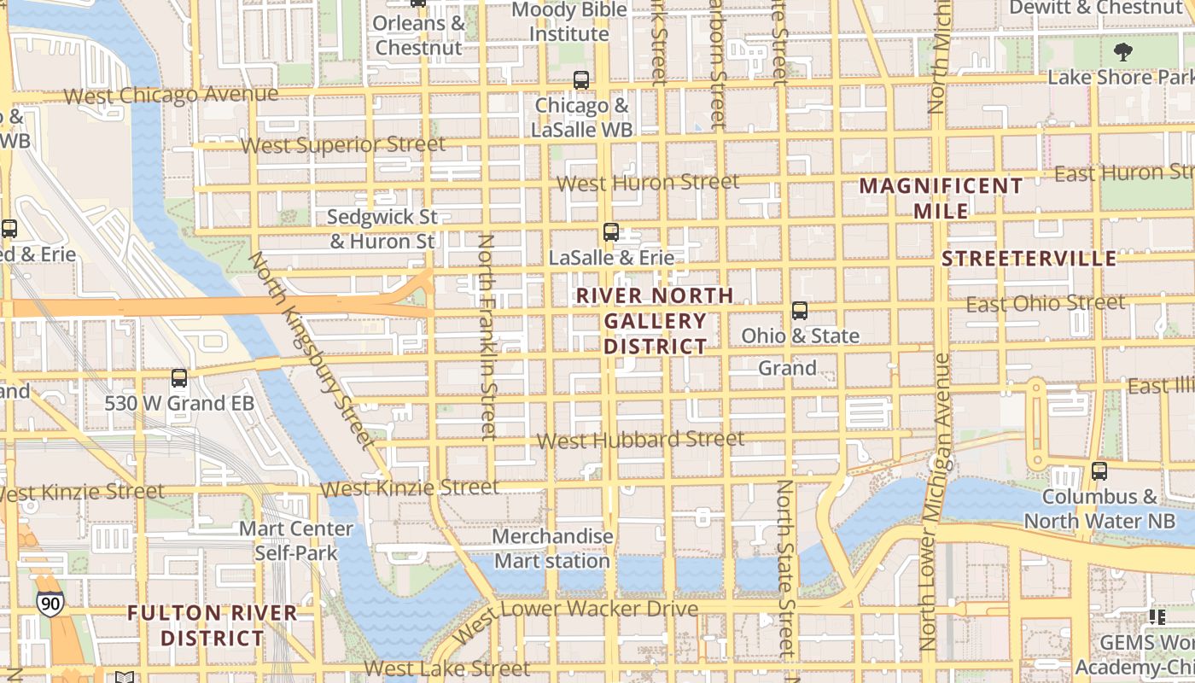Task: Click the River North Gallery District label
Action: click(x=655, y=321)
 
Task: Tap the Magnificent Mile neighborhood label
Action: click(x=941, y=198)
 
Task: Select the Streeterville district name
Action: click(x=1029, y=259)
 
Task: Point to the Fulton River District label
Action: click(x=213, y=625)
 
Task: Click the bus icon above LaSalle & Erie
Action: click(x=610, y=231)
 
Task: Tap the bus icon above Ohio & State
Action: click(x=800, y=311)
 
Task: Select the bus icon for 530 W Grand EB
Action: click(x=179, y=377)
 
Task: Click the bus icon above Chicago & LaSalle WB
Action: click(x=581, y=80)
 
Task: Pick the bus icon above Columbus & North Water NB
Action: click(x=1099, y=470)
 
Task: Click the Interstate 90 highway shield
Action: click(x=50, y=604)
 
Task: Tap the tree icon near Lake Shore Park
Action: click(x=1123, y=51)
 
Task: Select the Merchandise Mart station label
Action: click(x=553, y=549)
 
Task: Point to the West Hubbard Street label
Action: click(x=640, y=440)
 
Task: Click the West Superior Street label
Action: click(x=342, y=144)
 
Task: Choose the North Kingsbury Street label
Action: click(x=311, y=350)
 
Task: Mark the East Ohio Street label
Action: click(x=1045, y=303)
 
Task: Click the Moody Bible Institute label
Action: click(x=569, y=22)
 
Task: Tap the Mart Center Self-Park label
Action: click(x=296, y=540)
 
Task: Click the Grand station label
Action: click(x=787, y=368)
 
